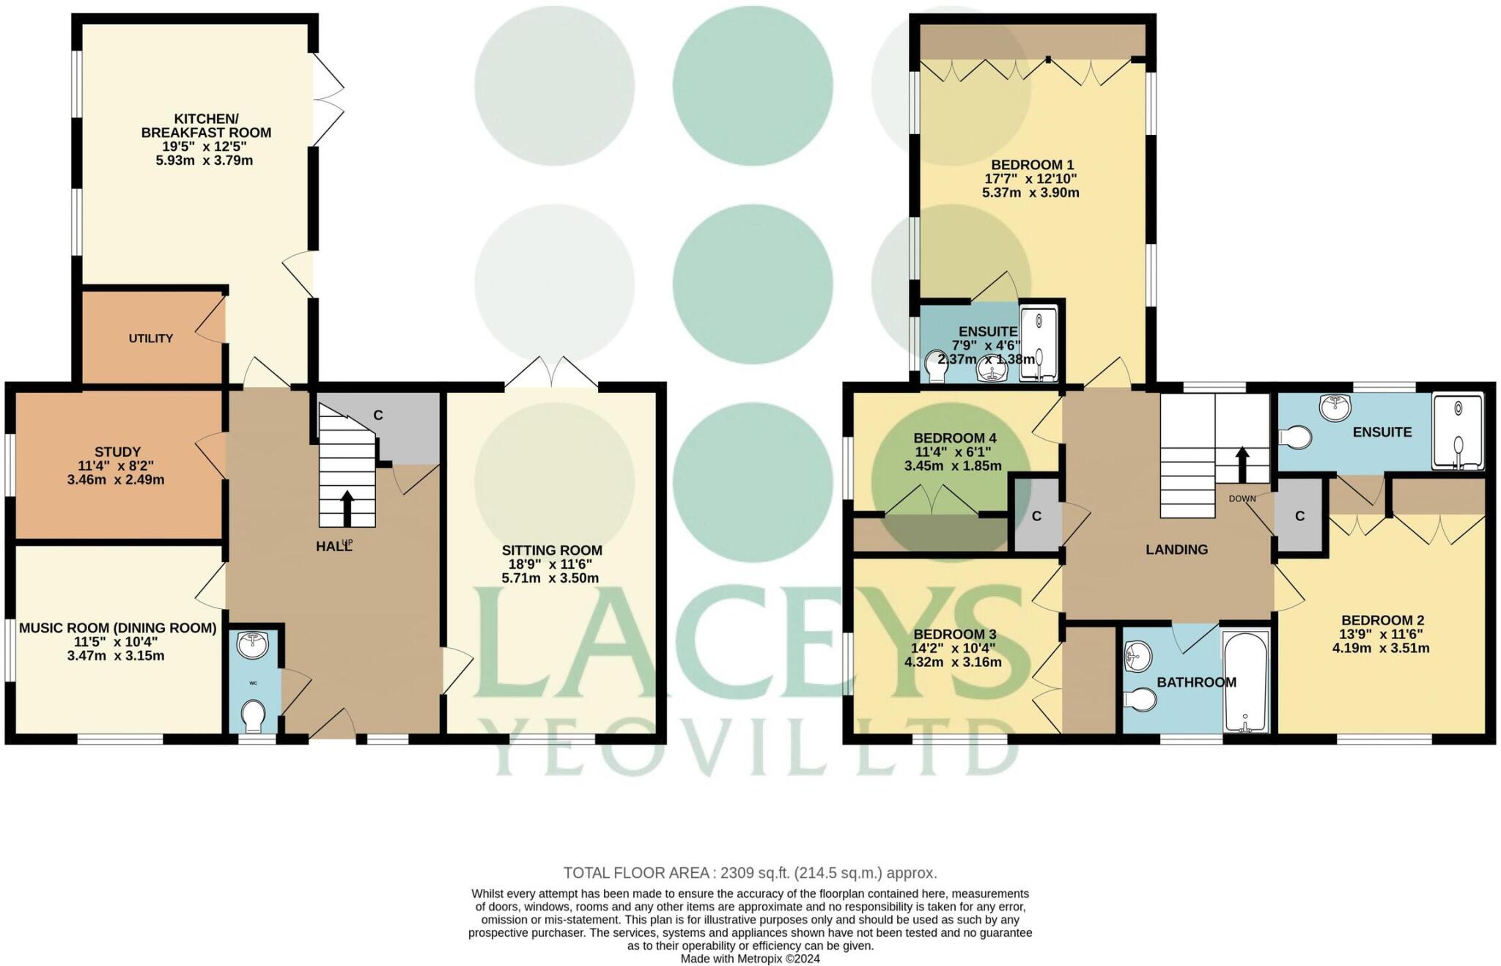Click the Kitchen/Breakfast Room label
click(x=206, y=125)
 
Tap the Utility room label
click(x=151, y=338)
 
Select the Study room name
click(x=117, y=451)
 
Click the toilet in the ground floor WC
click(x=254, y=715)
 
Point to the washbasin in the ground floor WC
click(x=254, y=645)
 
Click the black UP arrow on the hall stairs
click(x=347, y=508)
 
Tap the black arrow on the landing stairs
click(x=1242, y=463)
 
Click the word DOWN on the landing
click(x=1242, y=498)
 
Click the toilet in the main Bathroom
click(x=1140, y=700)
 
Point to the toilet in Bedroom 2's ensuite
click(x=1296, y=438)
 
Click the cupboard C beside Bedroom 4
click(x=1036, y=516)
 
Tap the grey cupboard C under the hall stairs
click(x=378, y=415)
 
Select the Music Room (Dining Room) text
click(x=117, y=627)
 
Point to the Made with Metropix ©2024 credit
click(x=750, y=958)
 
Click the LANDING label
click(x=1176, y=549)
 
